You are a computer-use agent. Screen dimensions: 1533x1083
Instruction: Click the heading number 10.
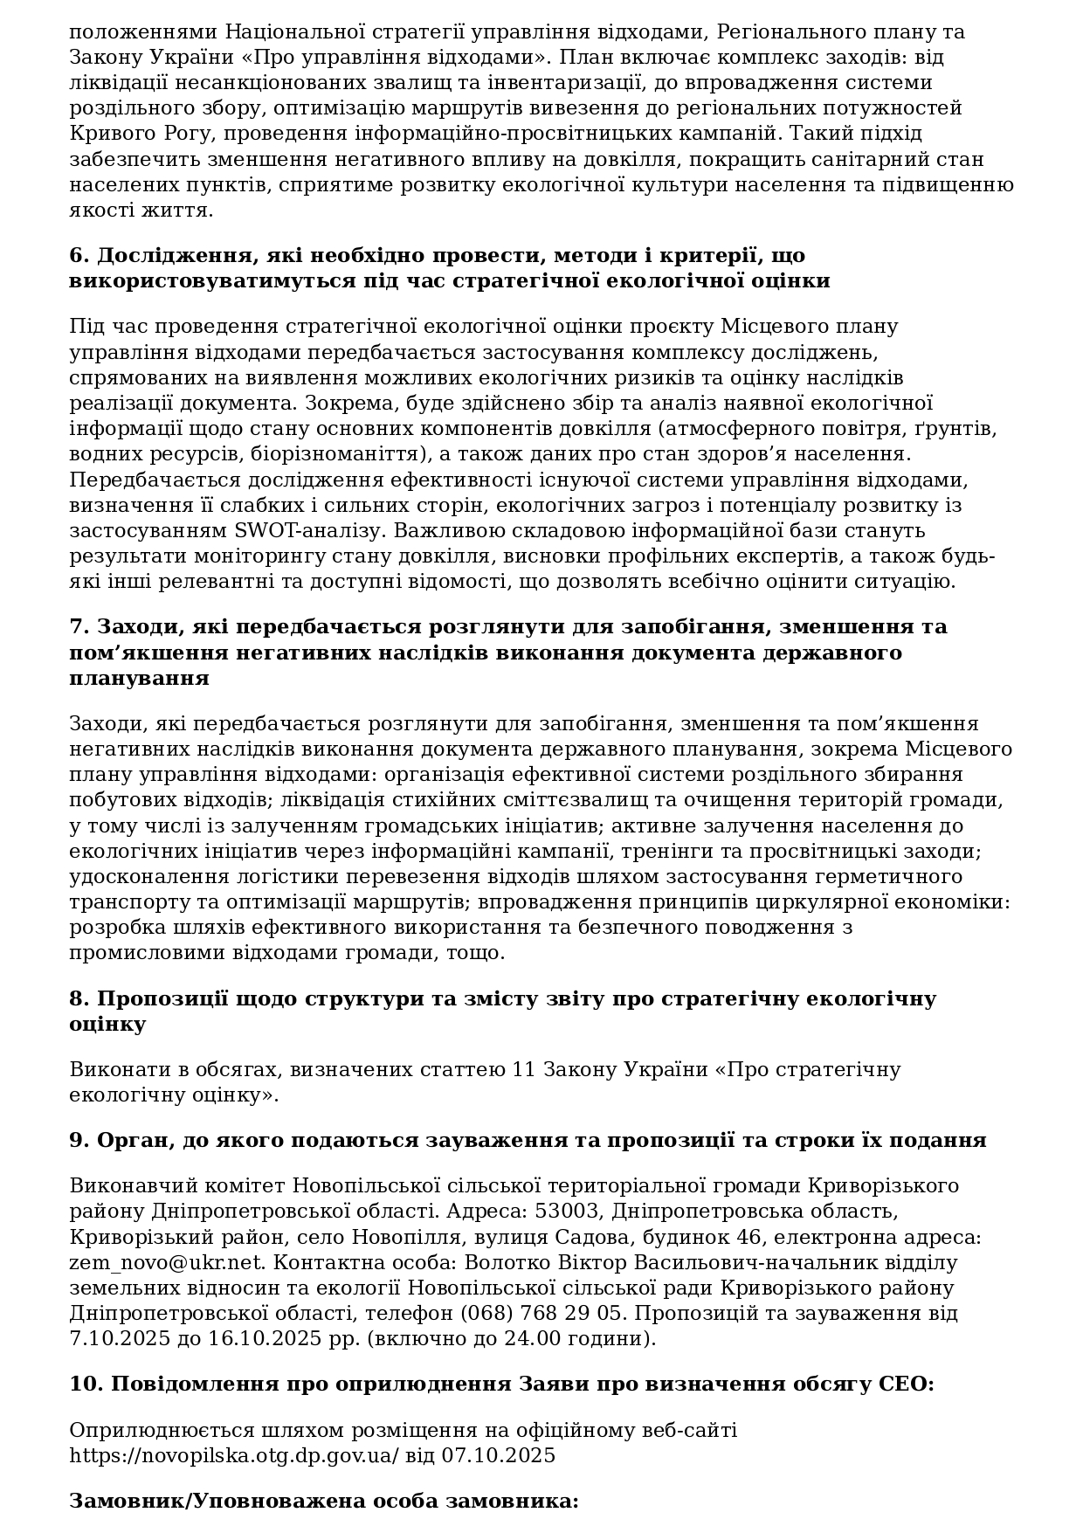tap(86, 1384)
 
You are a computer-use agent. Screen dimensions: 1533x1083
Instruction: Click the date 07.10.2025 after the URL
tap(498, 1455)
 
